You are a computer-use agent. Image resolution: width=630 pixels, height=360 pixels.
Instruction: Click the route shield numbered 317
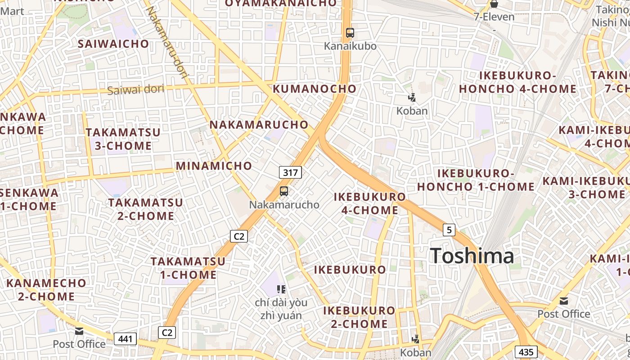290,172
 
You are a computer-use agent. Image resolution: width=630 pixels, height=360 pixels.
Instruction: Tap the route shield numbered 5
449,230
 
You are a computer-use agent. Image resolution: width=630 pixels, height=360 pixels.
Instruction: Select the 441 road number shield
125,338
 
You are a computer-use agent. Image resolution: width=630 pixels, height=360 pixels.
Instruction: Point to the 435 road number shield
526,352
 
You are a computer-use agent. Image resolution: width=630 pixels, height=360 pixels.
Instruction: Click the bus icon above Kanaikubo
350,32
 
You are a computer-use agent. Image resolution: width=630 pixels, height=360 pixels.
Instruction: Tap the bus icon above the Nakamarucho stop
284,191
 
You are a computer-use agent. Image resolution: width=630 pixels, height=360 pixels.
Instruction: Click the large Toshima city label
472,256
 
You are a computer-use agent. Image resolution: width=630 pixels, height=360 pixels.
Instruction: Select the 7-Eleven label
494,17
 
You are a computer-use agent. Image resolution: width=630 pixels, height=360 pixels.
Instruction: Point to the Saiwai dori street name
135,89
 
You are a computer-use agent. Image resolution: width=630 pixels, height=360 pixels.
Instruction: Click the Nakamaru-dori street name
166,43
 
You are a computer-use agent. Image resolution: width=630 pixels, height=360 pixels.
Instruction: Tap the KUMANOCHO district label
315,89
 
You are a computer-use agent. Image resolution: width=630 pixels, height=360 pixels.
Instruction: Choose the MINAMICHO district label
214,166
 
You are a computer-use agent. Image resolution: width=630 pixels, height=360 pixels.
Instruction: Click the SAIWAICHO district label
113,44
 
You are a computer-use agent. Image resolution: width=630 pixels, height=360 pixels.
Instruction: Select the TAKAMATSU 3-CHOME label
123,139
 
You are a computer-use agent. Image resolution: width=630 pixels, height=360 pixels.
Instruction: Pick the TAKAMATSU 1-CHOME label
188,268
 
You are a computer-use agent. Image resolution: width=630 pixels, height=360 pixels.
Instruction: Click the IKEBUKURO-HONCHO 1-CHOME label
476,180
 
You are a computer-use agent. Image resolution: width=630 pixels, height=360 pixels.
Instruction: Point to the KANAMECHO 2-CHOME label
46,289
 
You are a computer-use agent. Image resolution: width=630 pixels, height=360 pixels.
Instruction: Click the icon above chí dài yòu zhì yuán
281,289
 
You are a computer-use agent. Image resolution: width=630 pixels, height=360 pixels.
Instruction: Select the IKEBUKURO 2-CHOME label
359,317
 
